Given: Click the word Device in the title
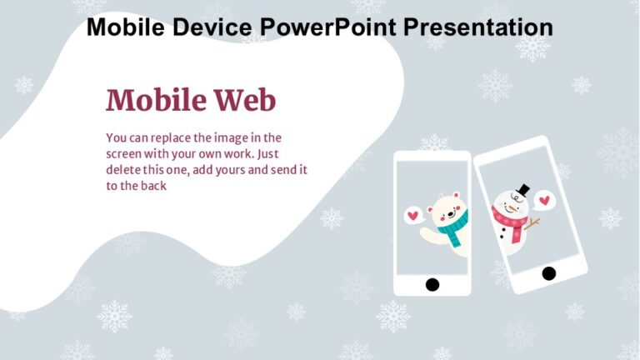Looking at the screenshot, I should click(x=216, y=27).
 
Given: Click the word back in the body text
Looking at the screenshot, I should click(x=153, y=186).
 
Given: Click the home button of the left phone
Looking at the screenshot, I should click(x=432, y=284).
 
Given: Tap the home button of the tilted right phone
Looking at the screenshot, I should click(x=548, y=272).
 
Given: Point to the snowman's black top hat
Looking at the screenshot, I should click(x=522, y=191).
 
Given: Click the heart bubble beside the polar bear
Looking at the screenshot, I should click(x=412, y=216).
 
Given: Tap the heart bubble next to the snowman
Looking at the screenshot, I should click(x=544, y=200).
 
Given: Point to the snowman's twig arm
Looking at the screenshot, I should click(x=532, y=223).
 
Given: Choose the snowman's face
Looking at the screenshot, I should click(x=512, y=204).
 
